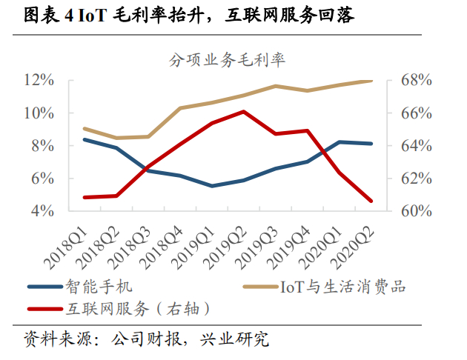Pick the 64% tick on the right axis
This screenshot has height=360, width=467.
[x=405, y=146]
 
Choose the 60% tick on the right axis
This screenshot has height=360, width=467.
[x=405, y=211]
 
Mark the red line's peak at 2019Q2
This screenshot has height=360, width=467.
[x=244, y=112]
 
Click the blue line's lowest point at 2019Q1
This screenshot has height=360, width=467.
[x=212, y=186]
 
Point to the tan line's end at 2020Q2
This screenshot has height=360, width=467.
[x=371, y=81]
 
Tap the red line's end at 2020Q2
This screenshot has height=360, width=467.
[x=371, y=201]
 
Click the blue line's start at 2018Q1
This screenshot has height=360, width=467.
[x=85, y=139]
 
